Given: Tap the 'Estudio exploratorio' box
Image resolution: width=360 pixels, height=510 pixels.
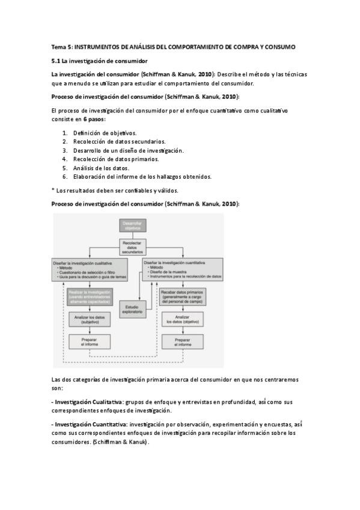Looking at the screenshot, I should [132, 310].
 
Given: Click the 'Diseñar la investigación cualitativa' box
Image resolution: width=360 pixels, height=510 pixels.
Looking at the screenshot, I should [88, 268].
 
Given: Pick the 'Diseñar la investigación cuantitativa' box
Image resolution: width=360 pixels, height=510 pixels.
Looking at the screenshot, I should [182, 268].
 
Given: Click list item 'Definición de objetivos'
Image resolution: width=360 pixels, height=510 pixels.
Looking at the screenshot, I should [105, 133].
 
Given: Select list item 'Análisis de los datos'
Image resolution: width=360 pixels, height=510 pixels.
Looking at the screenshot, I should [101, 168].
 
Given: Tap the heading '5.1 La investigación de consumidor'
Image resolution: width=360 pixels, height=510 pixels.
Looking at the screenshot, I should [99, 61].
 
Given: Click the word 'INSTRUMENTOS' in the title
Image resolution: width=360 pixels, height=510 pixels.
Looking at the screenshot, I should [99, 46].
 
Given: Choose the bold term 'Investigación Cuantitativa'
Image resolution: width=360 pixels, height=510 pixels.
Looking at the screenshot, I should [87, 425].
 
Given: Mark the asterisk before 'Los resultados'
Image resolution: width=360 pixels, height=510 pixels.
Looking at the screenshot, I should [54, 190].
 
